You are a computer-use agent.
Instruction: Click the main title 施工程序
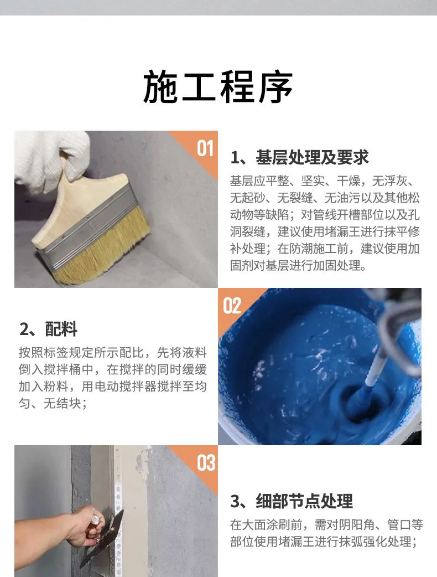click(x=218, y=87)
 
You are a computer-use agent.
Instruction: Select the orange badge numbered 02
click(x=232, y=305)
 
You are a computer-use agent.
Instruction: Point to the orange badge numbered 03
click(x=205, y=462)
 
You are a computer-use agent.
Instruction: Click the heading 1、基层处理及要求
click(x=299, y=157)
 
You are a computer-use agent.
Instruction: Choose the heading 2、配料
click(x=48, y=329)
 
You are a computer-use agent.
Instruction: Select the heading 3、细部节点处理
click(x=292, y=502)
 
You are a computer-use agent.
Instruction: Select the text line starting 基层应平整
click(x=325, y=181)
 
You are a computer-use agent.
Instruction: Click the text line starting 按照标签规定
click(x=112, y=352)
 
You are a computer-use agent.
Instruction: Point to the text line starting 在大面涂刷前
click(x=326, y=524)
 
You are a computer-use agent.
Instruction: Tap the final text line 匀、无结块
click(x=53, y=404)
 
